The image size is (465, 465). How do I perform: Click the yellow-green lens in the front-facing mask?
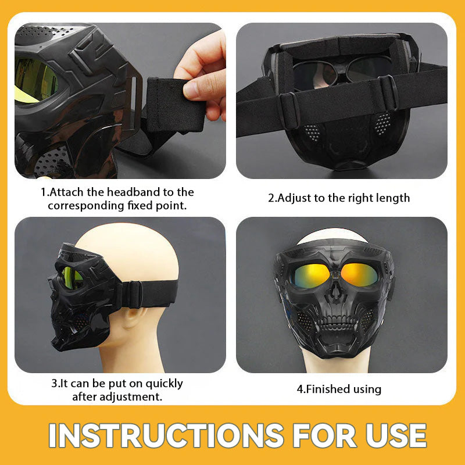point(310,276)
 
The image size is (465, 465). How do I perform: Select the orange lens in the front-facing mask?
point(359,275)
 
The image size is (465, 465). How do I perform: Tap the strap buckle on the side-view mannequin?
point(133,294)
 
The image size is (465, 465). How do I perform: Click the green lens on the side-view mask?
point(72,278)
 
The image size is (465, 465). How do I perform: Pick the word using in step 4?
point(367,389)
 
